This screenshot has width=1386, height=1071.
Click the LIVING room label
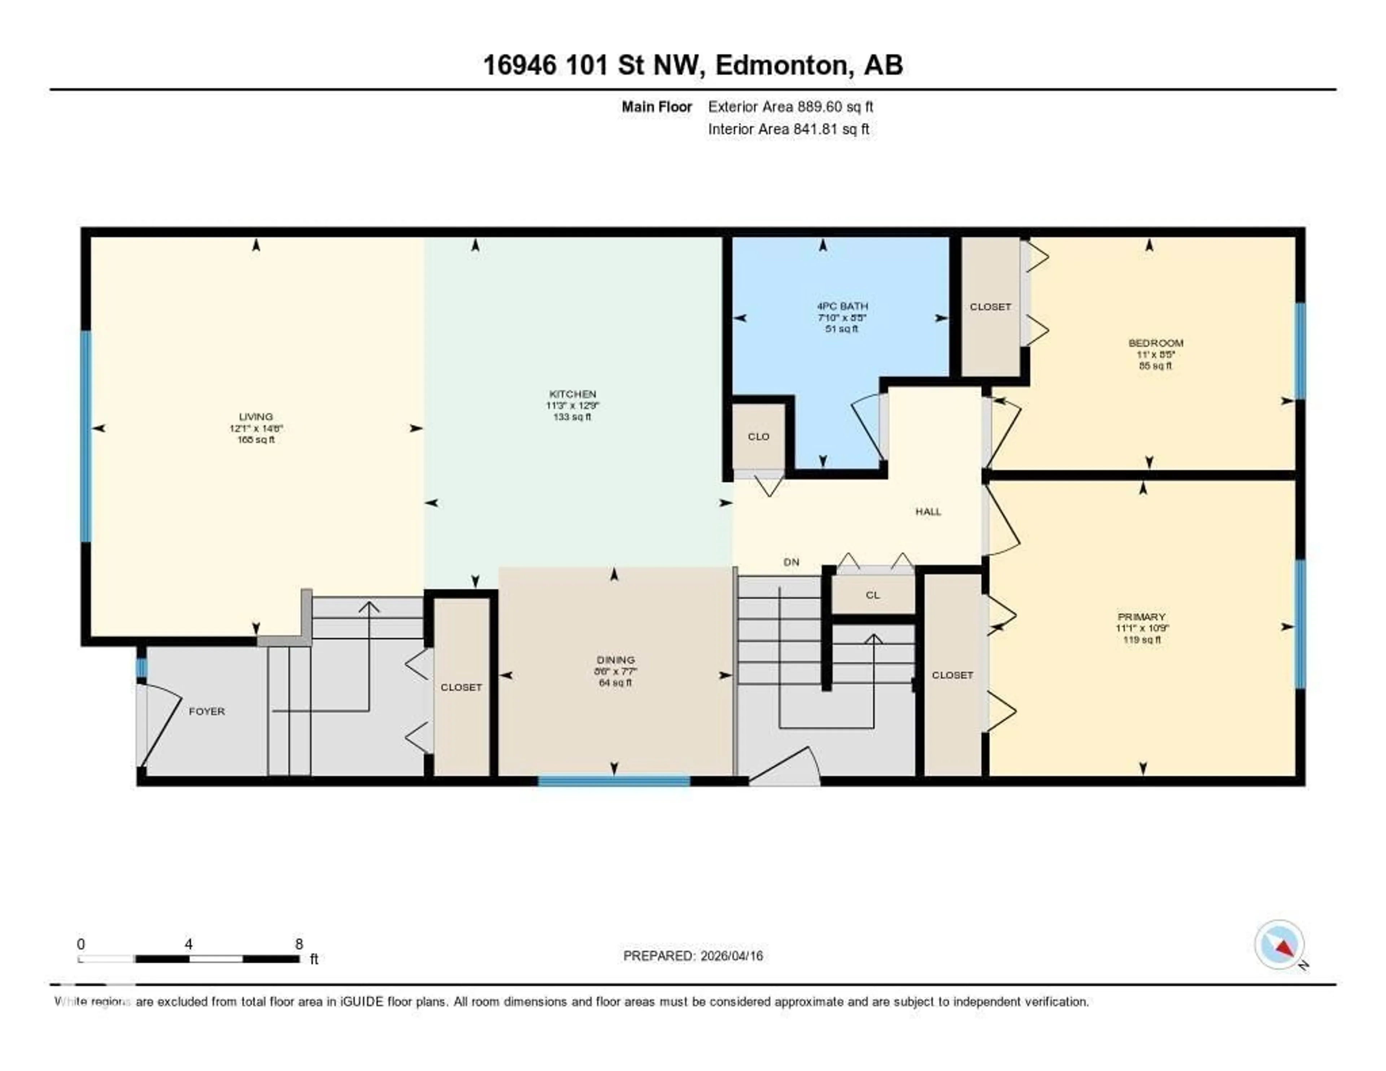(256, 416)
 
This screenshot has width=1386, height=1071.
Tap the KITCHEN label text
(572, 394)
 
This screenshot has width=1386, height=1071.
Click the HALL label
(928, 512)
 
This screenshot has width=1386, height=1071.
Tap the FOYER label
(207, 711)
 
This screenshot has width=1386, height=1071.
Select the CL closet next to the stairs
(873, 595)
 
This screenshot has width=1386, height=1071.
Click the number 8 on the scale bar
(299, 944)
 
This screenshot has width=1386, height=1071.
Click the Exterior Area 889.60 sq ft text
(790, 107)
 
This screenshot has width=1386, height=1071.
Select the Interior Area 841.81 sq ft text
(788, 129)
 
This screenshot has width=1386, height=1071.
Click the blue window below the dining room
(614, 781)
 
